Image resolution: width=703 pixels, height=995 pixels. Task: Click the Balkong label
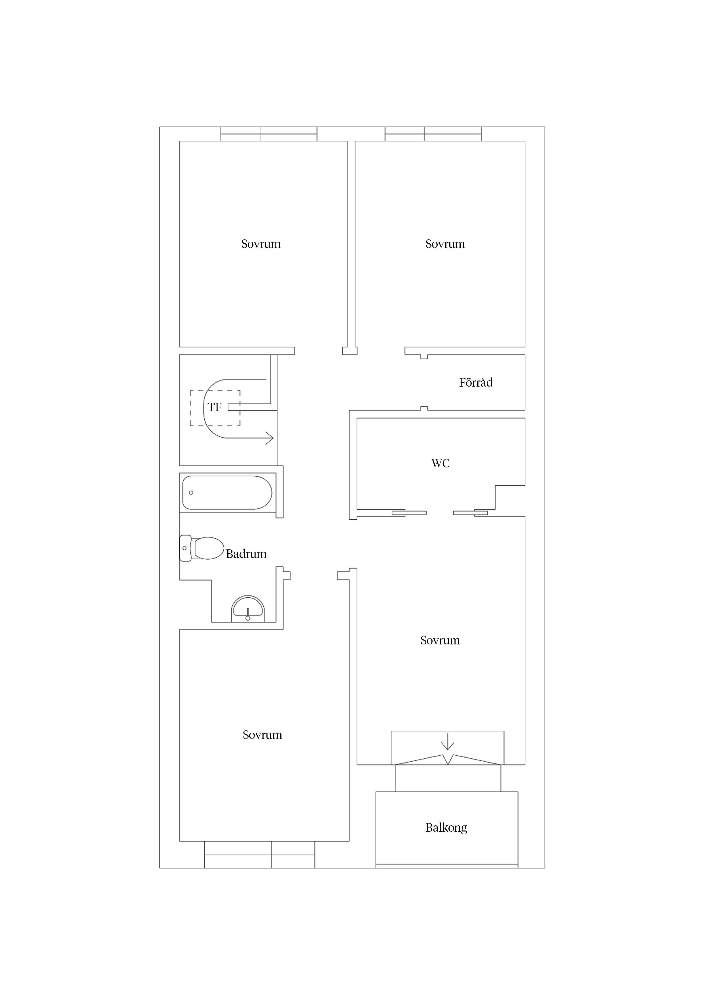pos(446,828)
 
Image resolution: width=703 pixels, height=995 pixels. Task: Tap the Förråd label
pos(476,382)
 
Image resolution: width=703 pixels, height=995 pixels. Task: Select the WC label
pos(441,463)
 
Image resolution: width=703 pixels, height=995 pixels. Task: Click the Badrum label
pos(246,554)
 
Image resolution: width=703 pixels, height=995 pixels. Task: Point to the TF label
pos(214,407)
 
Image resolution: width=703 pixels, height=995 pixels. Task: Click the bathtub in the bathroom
pos(227,493)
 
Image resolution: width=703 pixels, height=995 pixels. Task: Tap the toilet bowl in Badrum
pos(209,548)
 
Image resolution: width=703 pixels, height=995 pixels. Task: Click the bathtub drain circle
pos(191,493)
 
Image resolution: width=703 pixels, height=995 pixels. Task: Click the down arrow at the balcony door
pos(447,741)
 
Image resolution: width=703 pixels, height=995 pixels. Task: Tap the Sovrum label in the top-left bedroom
pos(261,244)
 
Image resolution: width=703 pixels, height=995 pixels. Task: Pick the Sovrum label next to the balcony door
pos(440,640)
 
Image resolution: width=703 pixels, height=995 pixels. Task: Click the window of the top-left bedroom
pos(269,134)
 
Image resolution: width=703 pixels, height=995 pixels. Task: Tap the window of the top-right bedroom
pos(433,134)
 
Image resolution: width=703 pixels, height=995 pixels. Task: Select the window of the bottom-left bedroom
pos(259,855)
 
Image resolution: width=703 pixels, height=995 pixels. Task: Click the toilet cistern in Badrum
pos(185,548)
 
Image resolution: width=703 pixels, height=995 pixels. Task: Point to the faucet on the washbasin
pos(248,615)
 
